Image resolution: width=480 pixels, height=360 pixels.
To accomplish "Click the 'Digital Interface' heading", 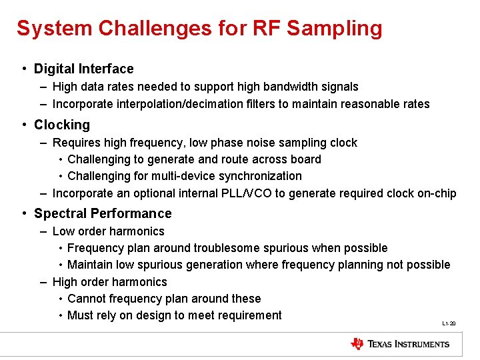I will [x=83, y=69].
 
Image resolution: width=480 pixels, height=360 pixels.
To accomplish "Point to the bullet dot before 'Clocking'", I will [x=23, y=125].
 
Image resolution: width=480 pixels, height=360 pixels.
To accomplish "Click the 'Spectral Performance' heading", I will [x=103, y=213].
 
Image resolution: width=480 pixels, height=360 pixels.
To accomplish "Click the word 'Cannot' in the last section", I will [x=86, y=299].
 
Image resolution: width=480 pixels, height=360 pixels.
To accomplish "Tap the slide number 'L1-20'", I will [x=449, y=323].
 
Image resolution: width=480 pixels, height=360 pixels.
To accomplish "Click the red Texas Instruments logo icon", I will [x=357, y=344].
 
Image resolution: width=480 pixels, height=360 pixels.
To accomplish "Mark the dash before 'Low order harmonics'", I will [x=43, y=231].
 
